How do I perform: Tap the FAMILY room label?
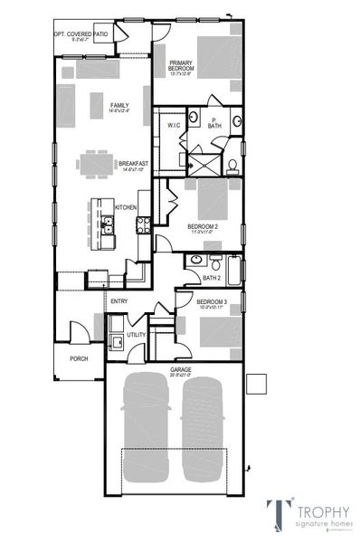click(119, 106)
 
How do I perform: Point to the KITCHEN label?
click(126, 207)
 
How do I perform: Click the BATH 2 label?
click(211, 279)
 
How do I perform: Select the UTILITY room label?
click(136, 335)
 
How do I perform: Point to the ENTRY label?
click(118, 302)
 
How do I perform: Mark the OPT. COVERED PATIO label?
click(83, 34)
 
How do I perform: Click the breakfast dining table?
click(98, 164)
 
